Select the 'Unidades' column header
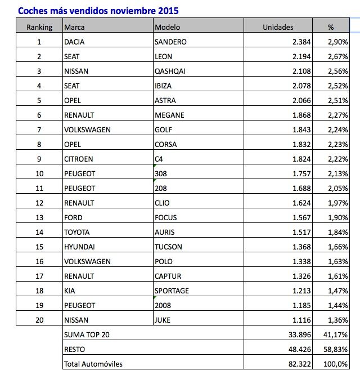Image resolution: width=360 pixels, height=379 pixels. (x=278, y=27)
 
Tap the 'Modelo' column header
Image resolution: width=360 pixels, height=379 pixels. (x=166, y=27)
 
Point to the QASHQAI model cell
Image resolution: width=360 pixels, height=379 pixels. (x=169, y=71)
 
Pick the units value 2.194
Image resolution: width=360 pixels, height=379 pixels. (x=298, y=56)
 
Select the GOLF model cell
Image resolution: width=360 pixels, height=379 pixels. (x=163, y=130)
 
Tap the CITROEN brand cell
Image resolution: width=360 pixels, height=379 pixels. (x=78, y=159)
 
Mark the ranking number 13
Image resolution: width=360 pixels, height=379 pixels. (x=39, y=217)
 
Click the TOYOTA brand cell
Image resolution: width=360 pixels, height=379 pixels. (x=77, y=232)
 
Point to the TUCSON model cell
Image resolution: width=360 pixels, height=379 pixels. (x=168, y=247)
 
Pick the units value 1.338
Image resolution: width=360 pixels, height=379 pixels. (x=298, y=261)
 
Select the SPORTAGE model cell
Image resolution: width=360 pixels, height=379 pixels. (x=172, y=291)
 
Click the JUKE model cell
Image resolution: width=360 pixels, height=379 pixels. (x=163, y=320)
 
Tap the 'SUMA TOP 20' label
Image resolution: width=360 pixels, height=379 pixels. (x=87, y=335)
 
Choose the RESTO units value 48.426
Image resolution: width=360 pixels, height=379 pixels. (x=296, y=350)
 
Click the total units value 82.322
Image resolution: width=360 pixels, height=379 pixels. (x=296, y=364)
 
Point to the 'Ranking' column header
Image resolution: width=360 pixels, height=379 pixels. (x=39, y=27)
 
